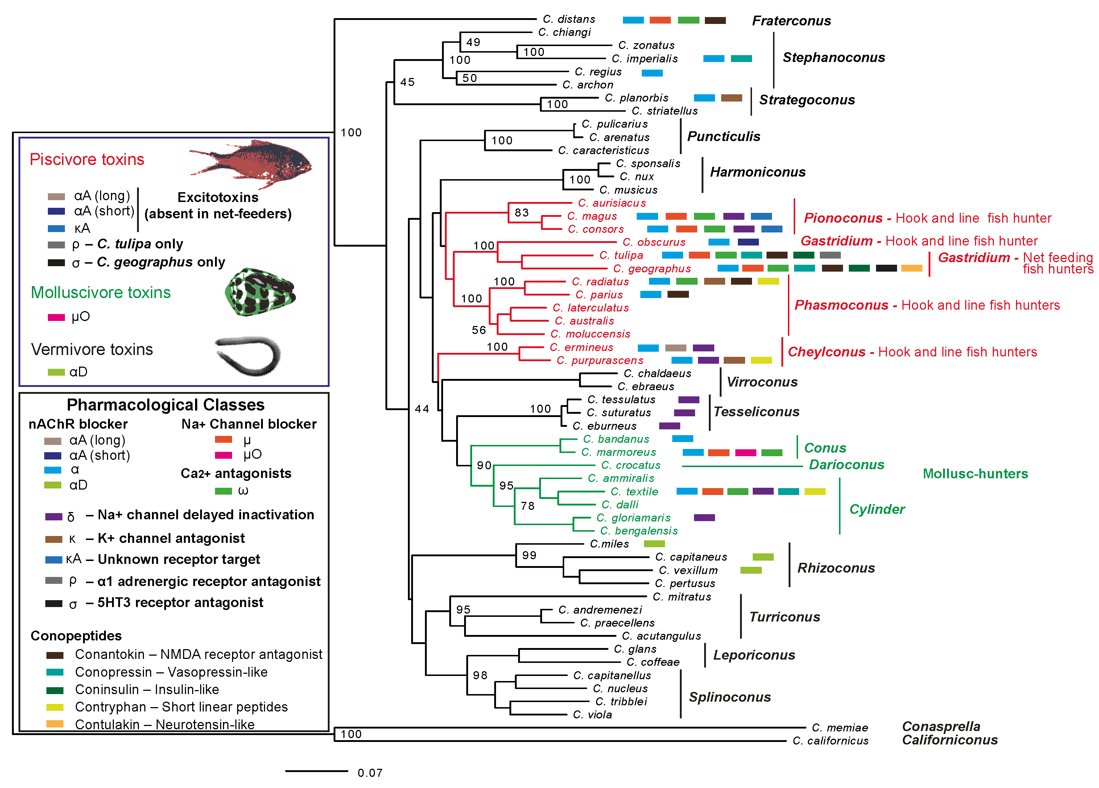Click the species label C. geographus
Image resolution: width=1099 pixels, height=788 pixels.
652,268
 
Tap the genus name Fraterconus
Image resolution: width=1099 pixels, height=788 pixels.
791,21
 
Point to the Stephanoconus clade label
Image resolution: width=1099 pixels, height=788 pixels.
834,57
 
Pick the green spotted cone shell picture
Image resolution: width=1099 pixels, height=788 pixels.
260,292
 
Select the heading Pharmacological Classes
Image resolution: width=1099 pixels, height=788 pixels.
165,405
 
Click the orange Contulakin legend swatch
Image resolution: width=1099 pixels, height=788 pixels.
55,724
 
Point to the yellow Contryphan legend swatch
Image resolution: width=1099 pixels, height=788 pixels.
55,707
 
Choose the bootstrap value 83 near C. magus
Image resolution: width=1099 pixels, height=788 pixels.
521,213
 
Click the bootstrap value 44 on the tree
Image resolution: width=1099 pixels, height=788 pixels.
422,409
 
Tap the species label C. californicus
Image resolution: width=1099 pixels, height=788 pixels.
830,740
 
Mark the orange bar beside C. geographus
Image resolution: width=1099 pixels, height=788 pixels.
912,268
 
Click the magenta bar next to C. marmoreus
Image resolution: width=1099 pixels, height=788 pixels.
745,453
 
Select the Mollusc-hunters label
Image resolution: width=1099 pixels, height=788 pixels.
975,474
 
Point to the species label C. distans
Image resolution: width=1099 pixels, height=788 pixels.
569,19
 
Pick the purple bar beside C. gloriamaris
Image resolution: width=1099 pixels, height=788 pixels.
704,517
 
